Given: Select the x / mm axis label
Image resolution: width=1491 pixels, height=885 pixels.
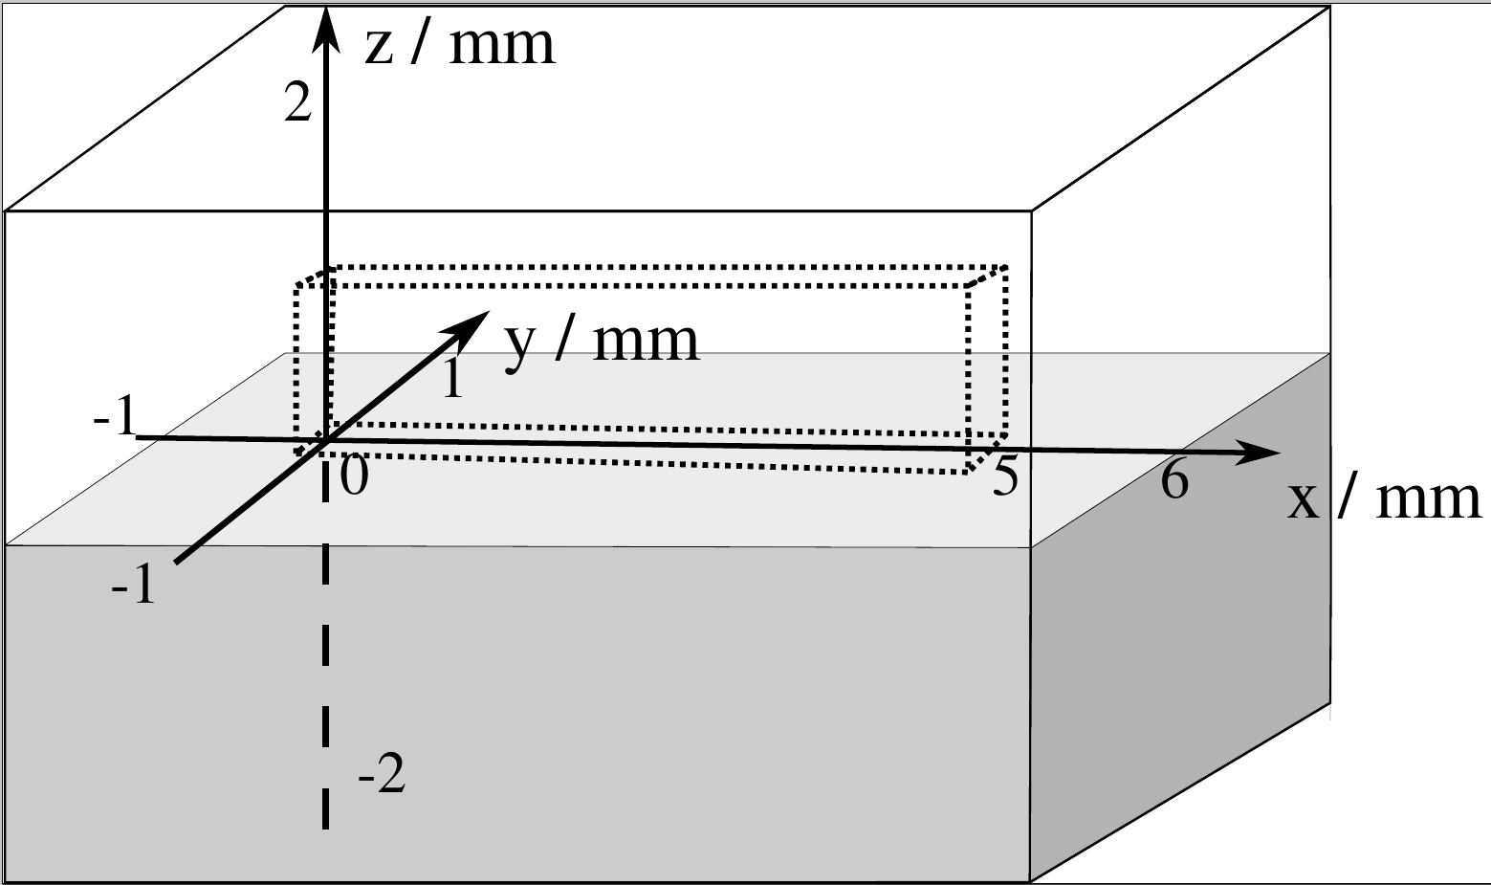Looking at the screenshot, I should (x=1383, y=498).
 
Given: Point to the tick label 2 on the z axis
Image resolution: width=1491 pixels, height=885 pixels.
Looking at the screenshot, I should (x=298, y=103).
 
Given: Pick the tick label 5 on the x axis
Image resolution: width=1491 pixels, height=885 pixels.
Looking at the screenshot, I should (x=1005, y=476).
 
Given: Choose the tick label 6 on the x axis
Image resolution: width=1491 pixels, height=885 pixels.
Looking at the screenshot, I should (x=1174, y=478).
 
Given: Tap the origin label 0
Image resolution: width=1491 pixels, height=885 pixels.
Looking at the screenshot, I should (x=353, y=476).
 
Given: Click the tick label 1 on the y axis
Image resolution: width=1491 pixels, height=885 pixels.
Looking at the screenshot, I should (x=453, y=378).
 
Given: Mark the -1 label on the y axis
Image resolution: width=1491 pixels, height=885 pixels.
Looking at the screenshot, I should (x=134, y=584).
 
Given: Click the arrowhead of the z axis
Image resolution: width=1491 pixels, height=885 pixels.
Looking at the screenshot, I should (x=327, y=24).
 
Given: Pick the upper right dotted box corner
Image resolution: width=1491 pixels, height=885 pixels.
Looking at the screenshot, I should (x=1005, y=268).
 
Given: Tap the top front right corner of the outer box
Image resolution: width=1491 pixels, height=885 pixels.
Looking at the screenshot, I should (x=1031, y=210).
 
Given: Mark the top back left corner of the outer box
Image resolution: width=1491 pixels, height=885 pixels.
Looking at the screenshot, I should (x=286, y=7).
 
